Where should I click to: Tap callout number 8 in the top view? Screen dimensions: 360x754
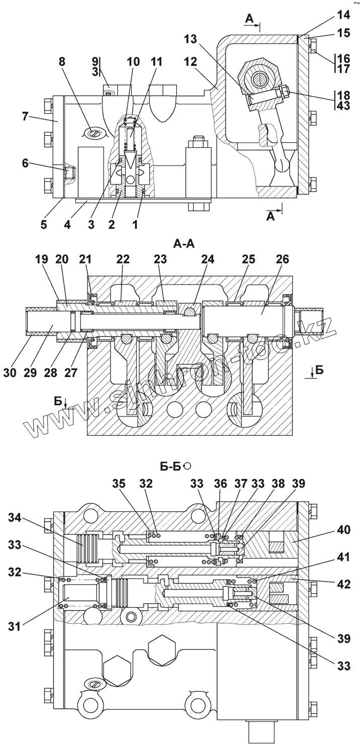tap(62, 62)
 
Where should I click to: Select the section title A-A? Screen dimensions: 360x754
tap(184, 243)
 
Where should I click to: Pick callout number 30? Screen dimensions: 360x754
tap(11, 373)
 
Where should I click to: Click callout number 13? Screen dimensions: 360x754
tap(190, 39)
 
